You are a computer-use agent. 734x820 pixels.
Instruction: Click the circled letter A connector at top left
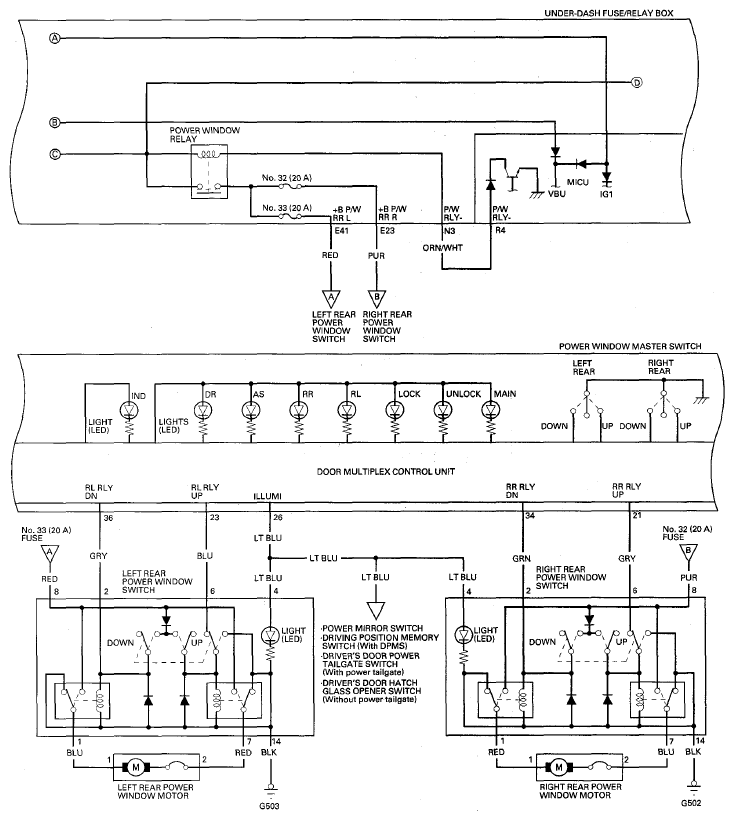(55, 38)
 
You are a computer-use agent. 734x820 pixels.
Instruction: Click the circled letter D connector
(636, 83)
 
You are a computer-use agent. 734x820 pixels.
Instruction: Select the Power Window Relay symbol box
(209, 172)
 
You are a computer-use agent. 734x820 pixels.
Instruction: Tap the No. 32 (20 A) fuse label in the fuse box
(286, 178)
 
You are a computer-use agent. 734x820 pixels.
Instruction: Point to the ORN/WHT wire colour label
(442, 248)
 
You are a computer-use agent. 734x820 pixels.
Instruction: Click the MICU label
(578, 182)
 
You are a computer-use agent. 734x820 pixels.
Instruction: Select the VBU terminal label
(557, 194)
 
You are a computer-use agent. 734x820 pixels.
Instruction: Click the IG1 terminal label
(606, 194)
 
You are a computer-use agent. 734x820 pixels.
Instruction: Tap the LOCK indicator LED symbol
(395, 411)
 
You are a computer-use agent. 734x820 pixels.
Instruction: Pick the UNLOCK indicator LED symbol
(443, 411)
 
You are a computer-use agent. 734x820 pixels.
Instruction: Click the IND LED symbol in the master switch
(129, 411)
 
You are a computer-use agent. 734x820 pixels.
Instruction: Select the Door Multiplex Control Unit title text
(386, 471)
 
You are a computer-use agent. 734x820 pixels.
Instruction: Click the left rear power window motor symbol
(136, 767)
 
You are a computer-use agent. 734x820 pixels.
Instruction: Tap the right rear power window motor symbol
(559, 767)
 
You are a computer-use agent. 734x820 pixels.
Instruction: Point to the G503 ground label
(270, 806)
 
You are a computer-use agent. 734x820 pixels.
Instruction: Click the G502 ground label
(692, 803)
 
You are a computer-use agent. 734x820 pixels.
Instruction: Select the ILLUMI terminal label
(268, 496)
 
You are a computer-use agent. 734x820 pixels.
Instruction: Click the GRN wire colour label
(521, 559)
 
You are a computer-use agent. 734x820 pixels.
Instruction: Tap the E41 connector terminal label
(341, 231)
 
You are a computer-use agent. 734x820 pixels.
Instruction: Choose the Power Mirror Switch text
(372, 628)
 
